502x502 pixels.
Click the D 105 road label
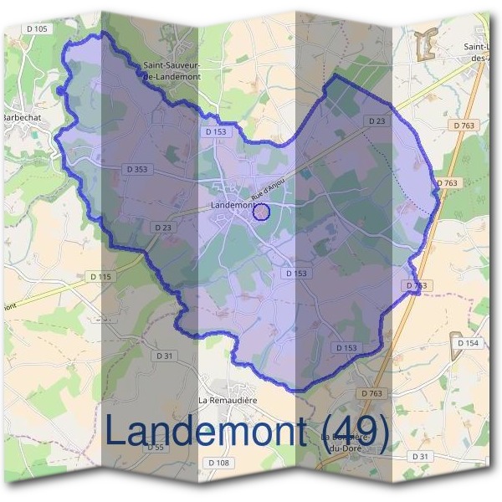tap(38, 29)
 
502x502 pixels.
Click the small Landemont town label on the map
tap(231, 205)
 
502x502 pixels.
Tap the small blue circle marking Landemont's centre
tap(261, 213)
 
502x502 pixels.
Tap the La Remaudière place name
tap(227, 400)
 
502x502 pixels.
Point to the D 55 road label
tap(156, 448)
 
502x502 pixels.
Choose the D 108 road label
tap(217, 463)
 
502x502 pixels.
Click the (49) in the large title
tap(356, 431)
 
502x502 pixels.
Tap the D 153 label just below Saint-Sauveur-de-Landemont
tap(215, 131)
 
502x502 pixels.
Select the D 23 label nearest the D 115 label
tap(162, 227)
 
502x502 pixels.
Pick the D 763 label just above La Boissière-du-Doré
tap(371, 393)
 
